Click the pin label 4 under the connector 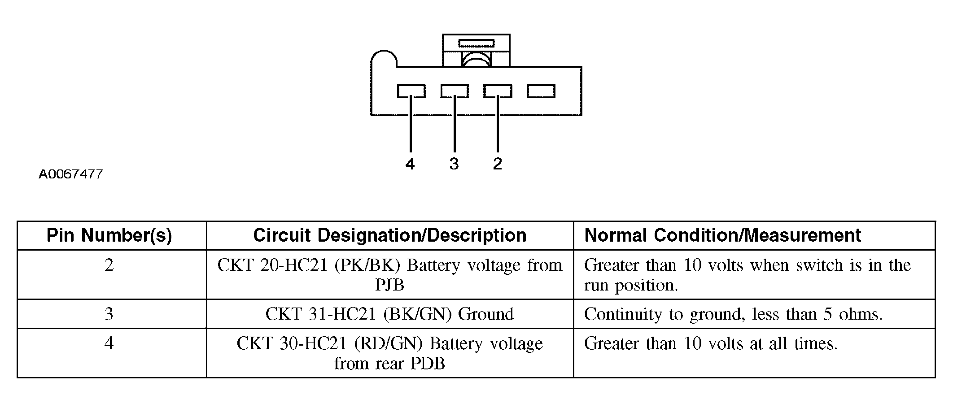pos(410,164)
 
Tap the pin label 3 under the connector pos(454,164)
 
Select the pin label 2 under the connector pos(497,164)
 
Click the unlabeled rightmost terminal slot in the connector pos(541,91)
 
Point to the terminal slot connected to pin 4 pos(411,91)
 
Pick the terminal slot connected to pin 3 pos(455,91)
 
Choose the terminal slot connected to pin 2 pos(498,91)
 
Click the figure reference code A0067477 pos(71,174)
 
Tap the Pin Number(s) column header pos(109,235)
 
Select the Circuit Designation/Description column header pos(389,235)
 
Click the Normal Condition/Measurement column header pos(723,235)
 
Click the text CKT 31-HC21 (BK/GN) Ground pos(389,314)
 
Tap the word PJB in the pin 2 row pos(389,285)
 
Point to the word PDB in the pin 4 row pos(427,363)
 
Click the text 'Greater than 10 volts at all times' pos(711,344)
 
